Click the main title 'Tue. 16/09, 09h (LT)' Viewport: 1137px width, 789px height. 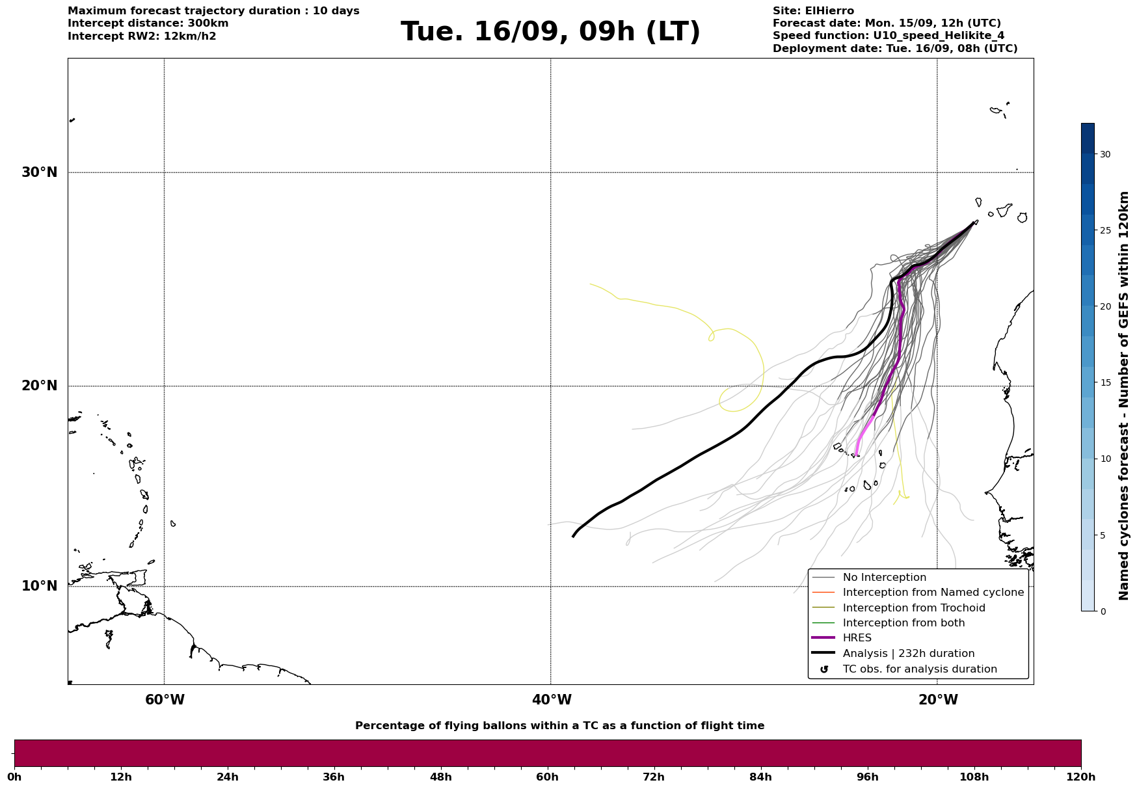coord(550,32)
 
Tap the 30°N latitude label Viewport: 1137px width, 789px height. coord(40,172)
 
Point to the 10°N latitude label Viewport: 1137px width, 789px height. coord(40,586)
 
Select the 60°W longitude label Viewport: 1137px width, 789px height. coord(165,700)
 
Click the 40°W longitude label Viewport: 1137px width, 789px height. coord(552,700)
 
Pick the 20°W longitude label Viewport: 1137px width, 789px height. coord(938,700)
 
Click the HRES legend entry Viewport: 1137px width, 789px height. coord(857,638)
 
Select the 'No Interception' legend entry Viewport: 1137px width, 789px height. coord(884,578)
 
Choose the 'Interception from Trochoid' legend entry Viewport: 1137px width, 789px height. coord(913,608)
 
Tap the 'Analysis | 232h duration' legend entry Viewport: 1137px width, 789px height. coord(908,654)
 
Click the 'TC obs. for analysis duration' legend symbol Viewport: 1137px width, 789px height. coord(824,669)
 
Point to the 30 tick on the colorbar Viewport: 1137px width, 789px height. coord(1105,154)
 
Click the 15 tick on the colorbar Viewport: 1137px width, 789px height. coord(1105,382)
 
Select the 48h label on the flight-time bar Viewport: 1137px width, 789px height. coord(440,777)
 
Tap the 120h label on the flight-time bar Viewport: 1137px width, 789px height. coord(1081,777)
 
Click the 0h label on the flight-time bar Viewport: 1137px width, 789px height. coord(15,777)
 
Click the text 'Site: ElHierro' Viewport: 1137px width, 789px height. coord(813,11)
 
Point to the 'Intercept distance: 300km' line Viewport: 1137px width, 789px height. coord(148,23)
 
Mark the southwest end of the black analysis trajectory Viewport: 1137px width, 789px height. coord(573,537)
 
